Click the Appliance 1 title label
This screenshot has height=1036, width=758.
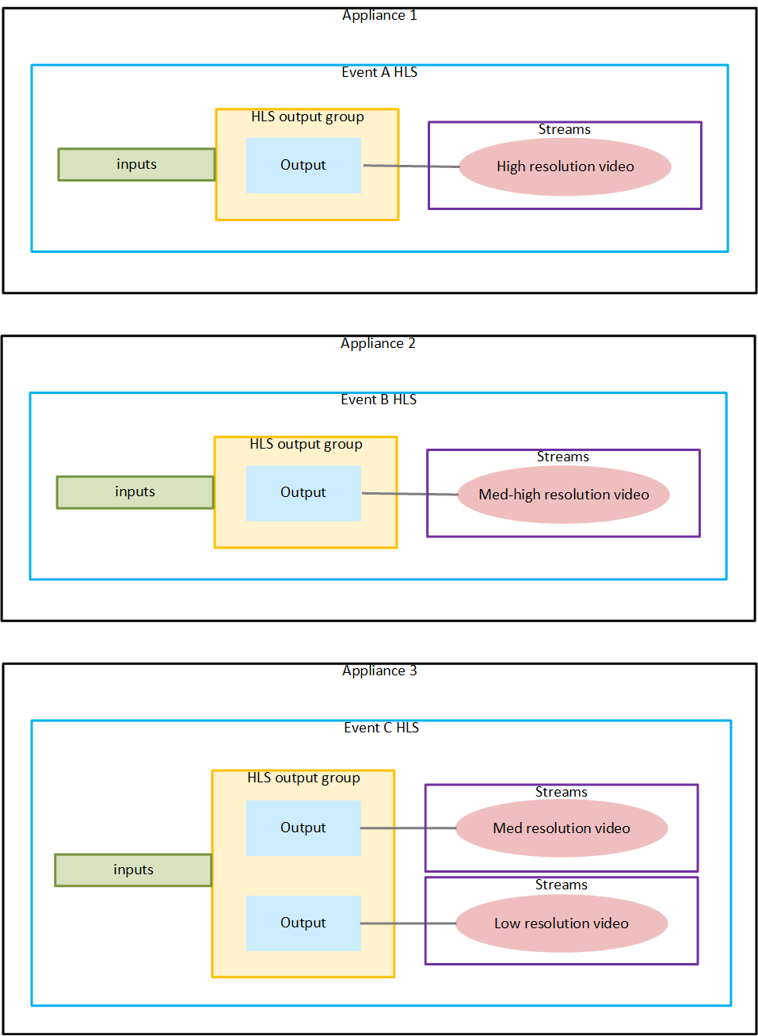click(x=379, y=15)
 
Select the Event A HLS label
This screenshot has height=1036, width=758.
click(x=379, y=72)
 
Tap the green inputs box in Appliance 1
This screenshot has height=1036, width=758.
click(x=136, y=164)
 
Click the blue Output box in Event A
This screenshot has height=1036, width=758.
click(x=303, y=165)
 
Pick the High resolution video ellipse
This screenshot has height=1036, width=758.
click(x=565, y=166)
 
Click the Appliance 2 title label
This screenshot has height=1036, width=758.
click(x=378, y=343)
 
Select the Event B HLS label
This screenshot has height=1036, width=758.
click(x=379, y=399)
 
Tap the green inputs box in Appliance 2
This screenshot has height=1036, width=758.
click(x=135, y=492)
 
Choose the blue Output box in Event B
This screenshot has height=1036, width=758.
click(x=303, y=493)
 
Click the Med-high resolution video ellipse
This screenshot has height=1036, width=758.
click(x=563, y=495)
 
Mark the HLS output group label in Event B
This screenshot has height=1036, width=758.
click(x=306, y=444)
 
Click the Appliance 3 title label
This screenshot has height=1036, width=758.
click(x=379, y=671)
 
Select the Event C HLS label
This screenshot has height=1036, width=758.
click(x=381, y=728)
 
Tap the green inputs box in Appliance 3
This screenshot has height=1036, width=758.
click(x=133, y=870)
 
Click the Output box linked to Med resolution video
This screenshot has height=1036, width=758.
click(x=303, y=828)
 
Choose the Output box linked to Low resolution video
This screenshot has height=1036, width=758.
click(x=303, y=923)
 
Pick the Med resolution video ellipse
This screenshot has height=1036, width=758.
click(x=562, y=828)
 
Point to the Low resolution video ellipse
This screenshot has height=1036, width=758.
click(x=562, y=923)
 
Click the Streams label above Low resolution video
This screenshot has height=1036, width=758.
click(x=561, y=885)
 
